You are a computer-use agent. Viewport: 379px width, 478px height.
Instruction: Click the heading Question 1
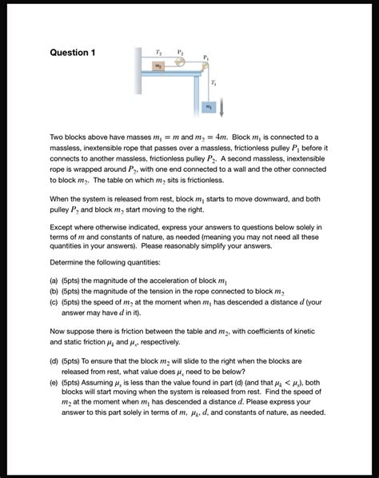click(73, 53)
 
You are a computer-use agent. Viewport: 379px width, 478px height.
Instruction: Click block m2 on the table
click(159, 66)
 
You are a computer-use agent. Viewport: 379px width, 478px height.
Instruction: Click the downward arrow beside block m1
click(221, 104)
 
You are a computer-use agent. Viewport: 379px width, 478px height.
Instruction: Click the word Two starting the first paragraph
click(58, 138)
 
